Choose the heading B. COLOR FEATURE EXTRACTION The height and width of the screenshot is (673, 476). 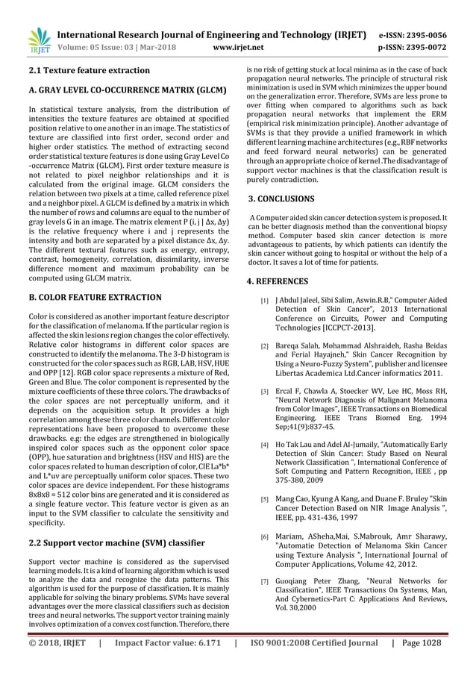point(90,297)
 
